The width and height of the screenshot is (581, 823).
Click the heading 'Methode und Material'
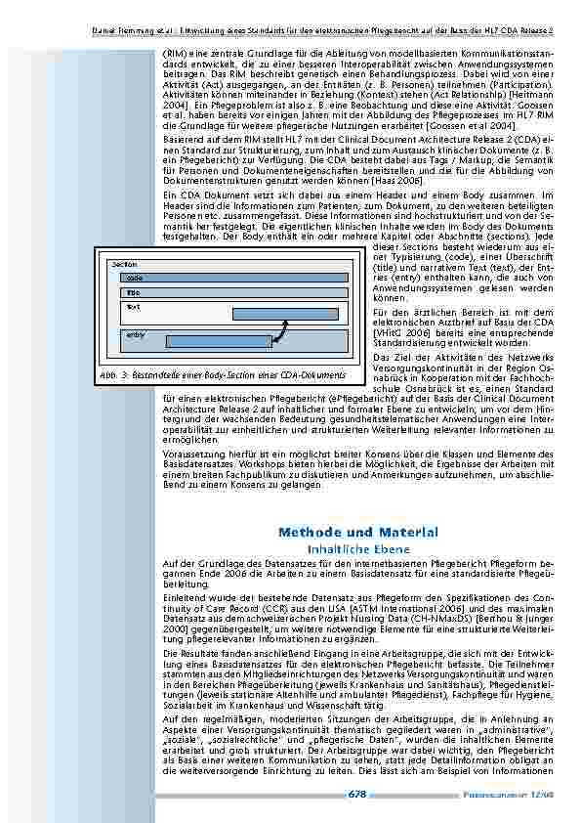[x=357, y=533]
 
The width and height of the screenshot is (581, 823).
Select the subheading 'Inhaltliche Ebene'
[x=357, y=549]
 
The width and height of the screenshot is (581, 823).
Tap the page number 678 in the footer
[x=356, y=795]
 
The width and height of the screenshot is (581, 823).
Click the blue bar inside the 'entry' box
[x=219, y=341]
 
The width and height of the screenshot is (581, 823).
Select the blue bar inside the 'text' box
[x=289, y=314]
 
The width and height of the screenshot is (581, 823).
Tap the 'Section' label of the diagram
[x=125, y=265]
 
